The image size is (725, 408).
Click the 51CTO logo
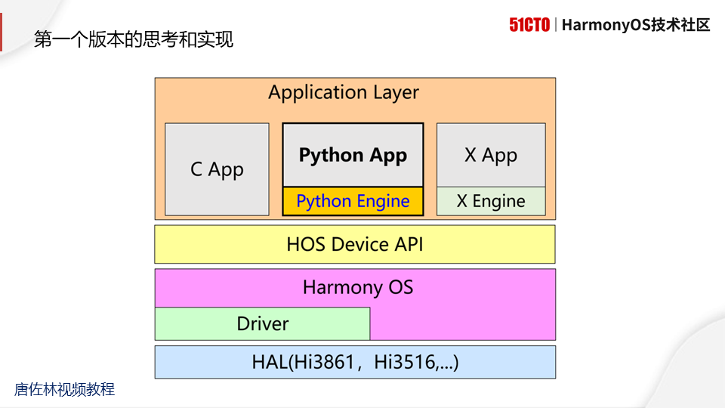pos(529,25)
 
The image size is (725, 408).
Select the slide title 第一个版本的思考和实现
pos(134,40)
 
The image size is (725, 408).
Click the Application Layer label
pos(344,93)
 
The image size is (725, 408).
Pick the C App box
pos(217,169)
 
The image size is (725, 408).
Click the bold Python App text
pos(353,156)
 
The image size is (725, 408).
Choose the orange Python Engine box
pos(353,201)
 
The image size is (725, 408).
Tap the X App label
pos(491,156)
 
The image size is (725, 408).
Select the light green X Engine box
pos(491,201)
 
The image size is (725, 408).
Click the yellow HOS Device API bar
pos(355,244)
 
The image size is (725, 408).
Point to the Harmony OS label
pos(358,287)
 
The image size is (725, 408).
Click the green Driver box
pos(262,324)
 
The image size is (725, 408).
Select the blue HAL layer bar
pos(355,363)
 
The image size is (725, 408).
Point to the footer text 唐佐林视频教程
pos(65,390)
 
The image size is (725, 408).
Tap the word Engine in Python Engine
pos(383,202)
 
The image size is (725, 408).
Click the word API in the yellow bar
pos(409,244)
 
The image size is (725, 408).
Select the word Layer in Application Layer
pos(396,93)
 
